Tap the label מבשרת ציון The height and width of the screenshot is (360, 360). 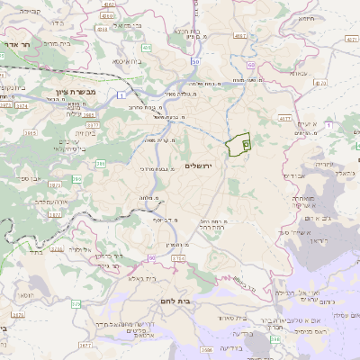pos(68,104)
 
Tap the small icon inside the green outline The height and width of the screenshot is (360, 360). pos(246,145)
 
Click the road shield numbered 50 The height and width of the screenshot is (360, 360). pos(194,61)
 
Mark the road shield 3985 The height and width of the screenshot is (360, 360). pos(29,133)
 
